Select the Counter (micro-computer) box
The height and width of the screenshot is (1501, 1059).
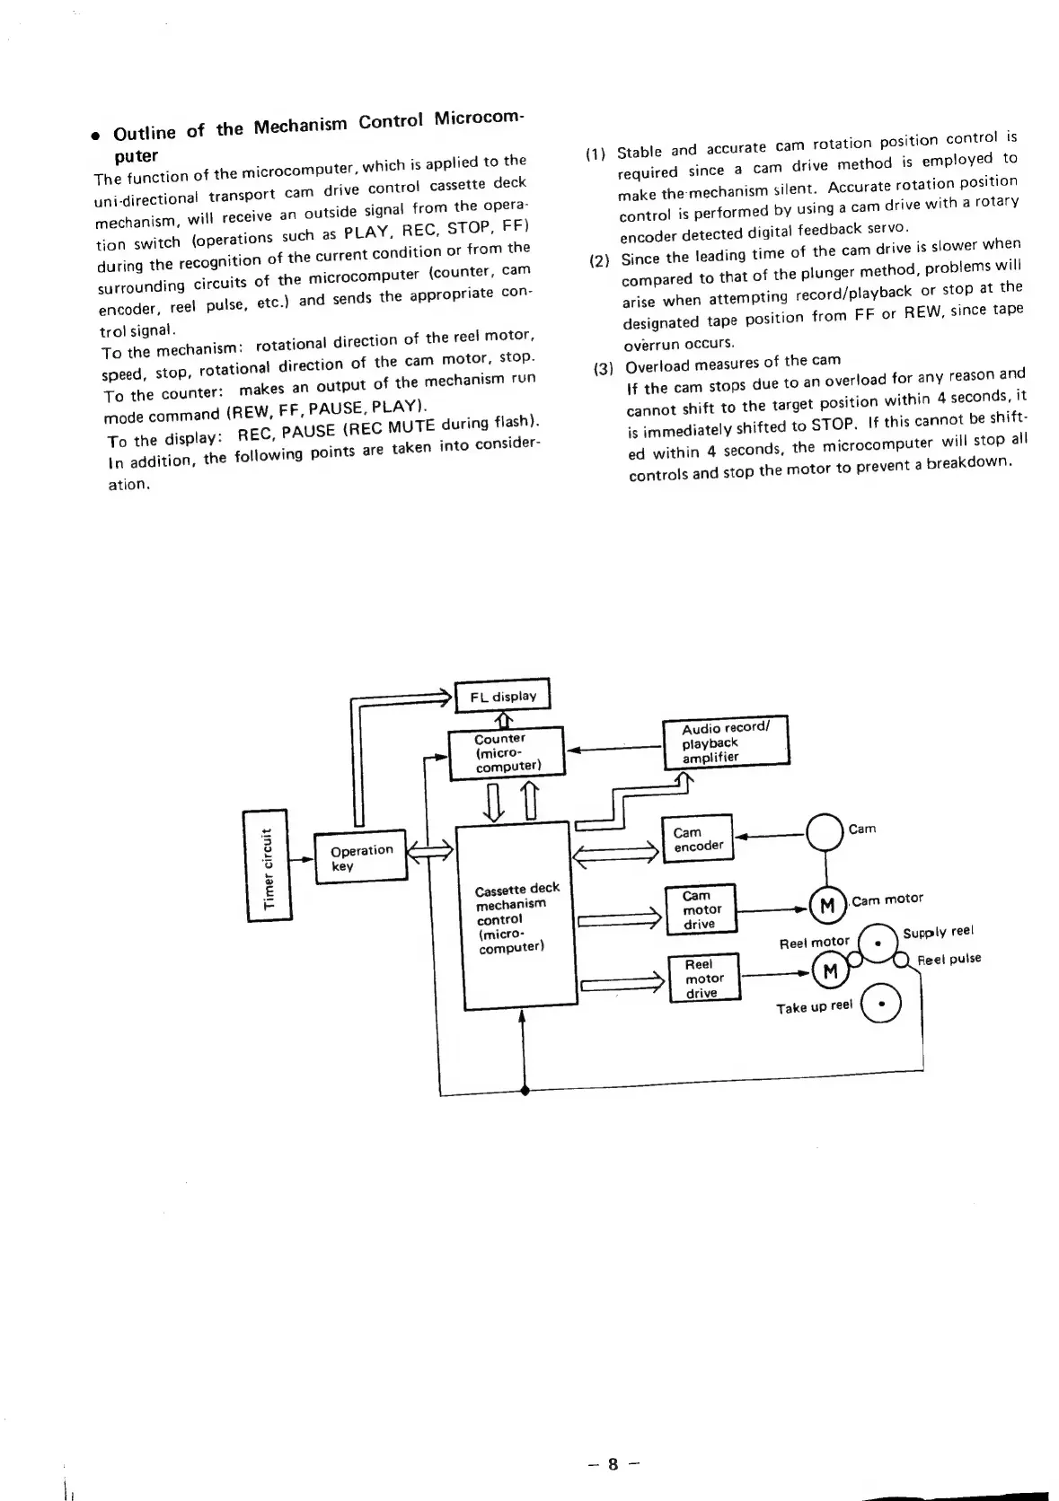tap(506, 752)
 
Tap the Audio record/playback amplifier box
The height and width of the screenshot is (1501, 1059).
tap(724, 742)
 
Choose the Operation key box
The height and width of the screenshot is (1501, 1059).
tap(360, 857)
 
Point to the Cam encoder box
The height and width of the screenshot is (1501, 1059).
tap(697, 838)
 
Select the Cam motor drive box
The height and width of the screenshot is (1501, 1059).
tap(700, 909)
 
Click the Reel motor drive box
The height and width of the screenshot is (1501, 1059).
tap(704, 978)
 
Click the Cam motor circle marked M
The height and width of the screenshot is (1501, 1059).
tap(827, 904)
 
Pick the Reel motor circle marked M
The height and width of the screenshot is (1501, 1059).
tap(829, 970)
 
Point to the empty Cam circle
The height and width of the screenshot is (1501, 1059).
tap(825, 832)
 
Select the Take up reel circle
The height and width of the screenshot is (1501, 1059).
tap(880, 1005)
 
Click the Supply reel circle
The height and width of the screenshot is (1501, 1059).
tap(878, 943)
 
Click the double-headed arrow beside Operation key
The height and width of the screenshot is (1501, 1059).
tap(431, 849)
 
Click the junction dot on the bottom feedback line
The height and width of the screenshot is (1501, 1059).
tap(525, 1090)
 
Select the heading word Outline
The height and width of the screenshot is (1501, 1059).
tap(145, 133)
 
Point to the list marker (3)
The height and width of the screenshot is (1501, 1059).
tap(603, 368)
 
